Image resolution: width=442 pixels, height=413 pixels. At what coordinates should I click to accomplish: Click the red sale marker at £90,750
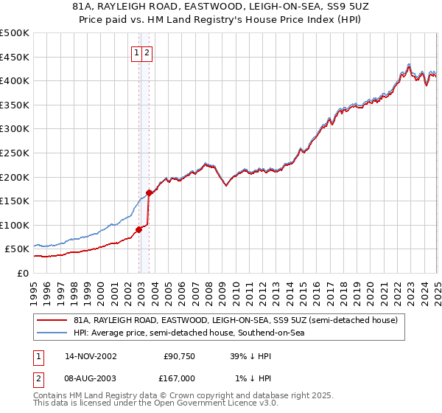click(139, 229)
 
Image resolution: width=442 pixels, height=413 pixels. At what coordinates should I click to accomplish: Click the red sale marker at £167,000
click(149, 192)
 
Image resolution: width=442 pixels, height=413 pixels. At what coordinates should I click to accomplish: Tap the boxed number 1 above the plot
click(137, 52)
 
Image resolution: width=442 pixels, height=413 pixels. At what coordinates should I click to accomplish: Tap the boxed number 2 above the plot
click(147, 52)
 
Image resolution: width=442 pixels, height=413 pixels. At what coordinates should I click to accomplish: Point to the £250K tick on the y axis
click(15, 153)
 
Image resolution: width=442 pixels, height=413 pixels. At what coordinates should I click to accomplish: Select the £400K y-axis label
click(15, 81)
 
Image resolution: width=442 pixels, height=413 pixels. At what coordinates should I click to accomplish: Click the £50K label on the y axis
click(18, 249)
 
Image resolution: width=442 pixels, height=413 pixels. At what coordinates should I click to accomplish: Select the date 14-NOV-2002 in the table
click(91, 356)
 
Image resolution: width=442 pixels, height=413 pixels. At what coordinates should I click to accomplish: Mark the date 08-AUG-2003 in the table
click(91, 378)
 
